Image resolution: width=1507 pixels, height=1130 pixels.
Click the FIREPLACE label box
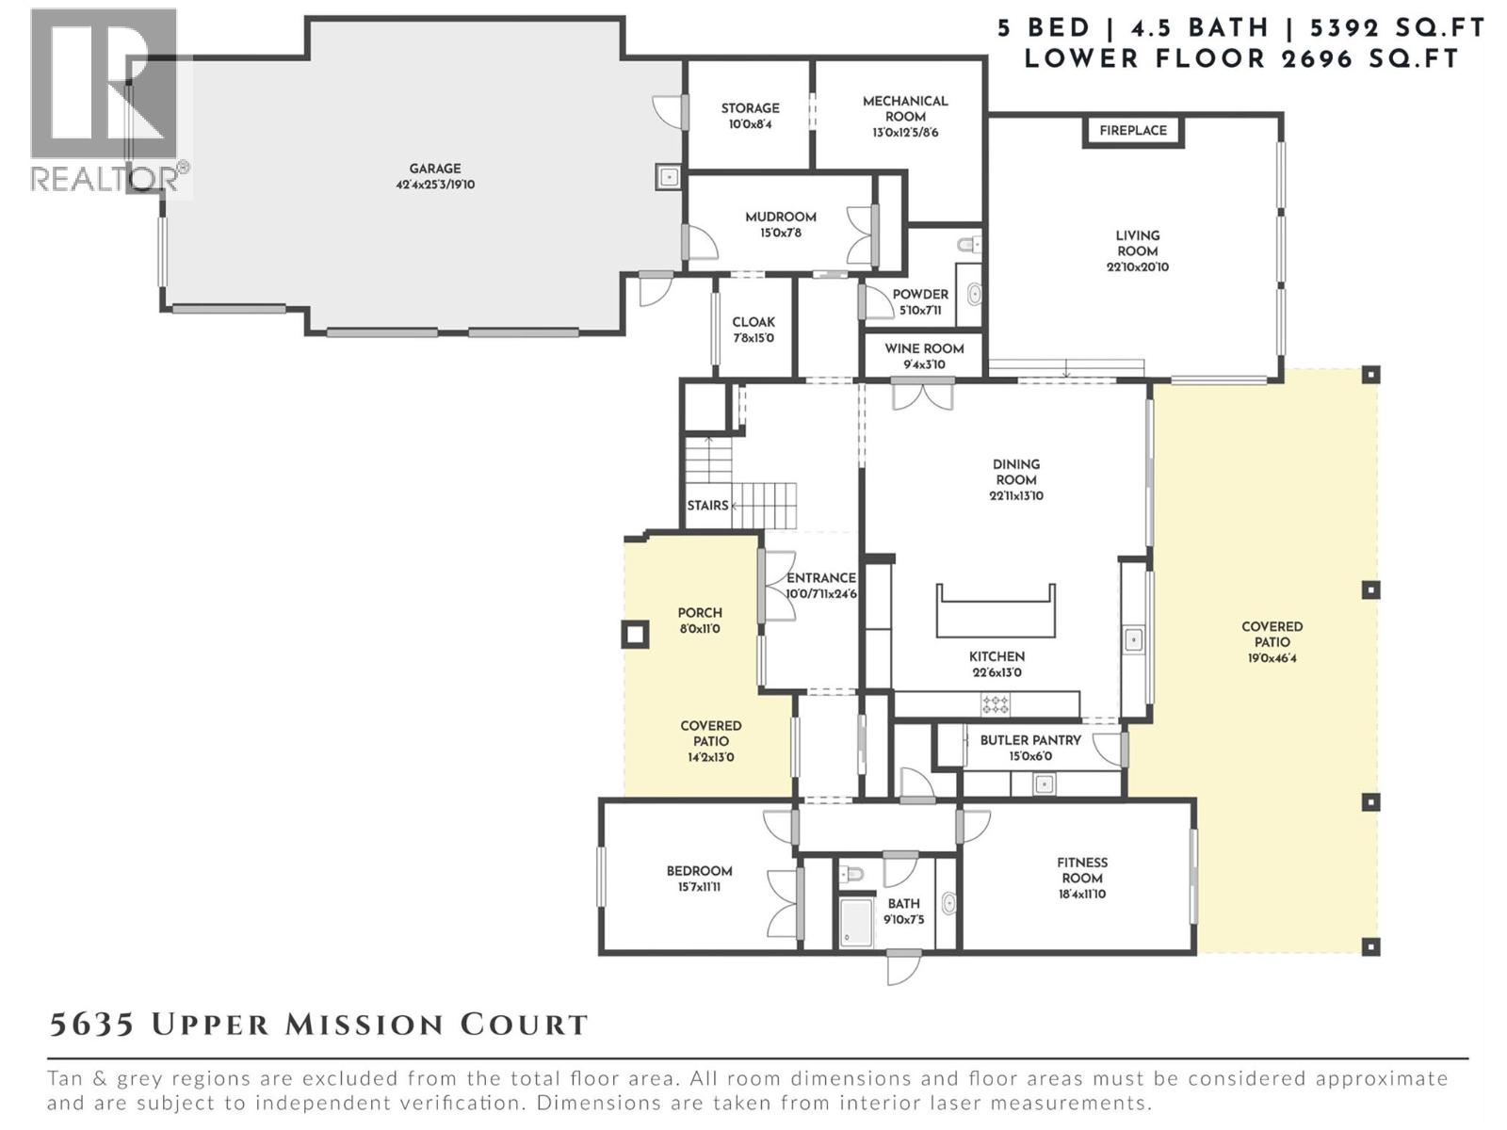point(1132,131)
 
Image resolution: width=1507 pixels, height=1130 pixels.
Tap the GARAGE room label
point(434,169)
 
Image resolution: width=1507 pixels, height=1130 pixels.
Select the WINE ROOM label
point(924,348)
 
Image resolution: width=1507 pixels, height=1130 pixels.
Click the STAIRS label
point(707,506)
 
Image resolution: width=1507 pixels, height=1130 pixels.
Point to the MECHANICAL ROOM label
point(905,108)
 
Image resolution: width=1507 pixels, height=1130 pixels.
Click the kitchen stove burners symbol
point(996,703)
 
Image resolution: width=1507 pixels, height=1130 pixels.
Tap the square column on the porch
point(636,635)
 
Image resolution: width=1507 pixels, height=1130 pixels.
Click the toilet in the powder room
point(968,246)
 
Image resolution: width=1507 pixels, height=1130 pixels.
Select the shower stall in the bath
point(856,923)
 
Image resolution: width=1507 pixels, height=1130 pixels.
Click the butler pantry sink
point(1043,783)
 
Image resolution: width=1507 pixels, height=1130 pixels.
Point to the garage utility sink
point(669,176)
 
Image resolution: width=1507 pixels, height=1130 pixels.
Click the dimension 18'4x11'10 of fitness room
point(1081,895)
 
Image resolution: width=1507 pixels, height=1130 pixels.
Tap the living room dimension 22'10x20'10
point(1137,267)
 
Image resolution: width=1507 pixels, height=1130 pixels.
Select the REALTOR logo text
point(108,178)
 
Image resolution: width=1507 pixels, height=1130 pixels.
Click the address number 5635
point(90,1025)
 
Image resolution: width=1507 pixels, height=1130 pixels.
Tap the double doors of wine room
point(923,394)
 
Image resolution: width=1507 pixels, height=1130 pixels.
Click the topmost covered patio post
point(1371,375)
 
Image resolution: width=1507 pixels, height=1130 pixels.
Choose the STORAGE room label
point(750,108)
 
